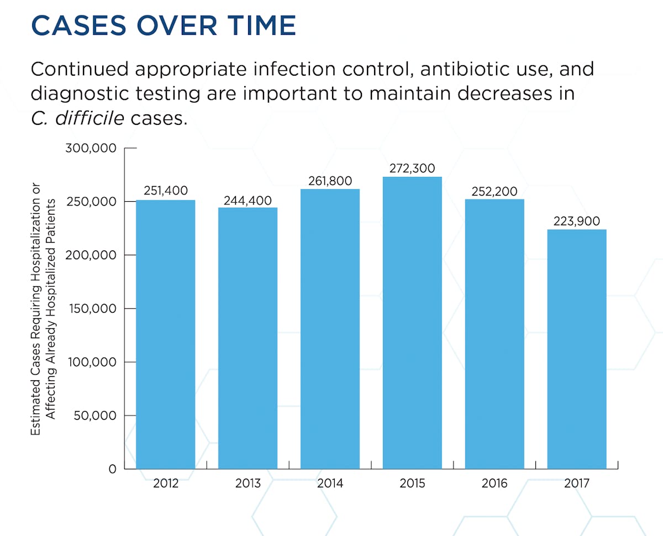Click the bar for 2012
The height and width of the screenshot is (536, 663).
(x=165, y=334)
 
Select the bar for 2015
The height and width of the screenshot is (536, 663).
(x=412, y=323)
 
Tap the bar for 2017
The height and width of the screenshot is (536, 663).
(x=577, y=349)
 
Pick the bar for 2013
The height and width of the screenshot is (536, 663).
(x=248, y=338)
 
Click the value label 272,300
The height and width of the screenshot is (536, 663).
(x=412, y=168)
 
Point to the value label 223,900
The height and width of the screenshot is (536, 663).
(x=577, y=220)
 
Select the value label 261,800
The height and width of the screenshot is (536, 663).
(x=330, y=181)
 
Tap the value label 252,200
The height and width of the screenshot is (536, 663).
(x=494, y=191)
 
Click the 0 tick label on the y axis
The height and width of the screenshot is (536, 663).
(x=112, y=469)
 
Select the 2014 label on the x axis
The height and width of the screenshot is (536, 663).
(x=330, y=484)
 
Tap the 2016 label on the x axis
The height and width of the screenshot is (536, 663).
(x=494, y=484)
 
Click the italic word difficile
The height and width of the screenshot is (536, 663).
(x=90, y=118)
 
